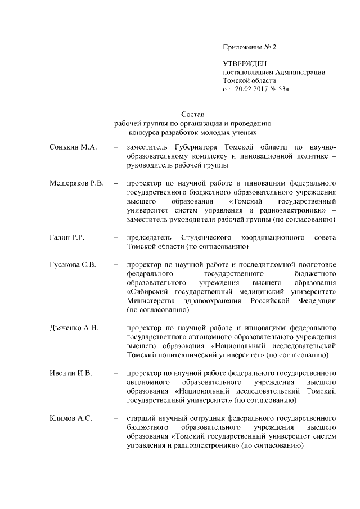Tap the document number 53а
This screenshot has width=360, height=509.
pyautogui.click(x=290, y=88)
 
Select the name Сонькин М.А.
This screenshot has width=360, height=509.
pyautogui.click(x=73, y=147)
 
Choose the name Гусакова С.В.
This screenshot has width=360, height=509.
pyautogui.click(x=74, y=264)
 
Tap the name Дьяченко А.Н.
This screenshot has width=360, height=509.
pyautogui.click(x=74, y=327)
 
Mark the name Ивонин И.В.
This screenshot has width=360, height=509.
pyautogui.click(x=70, y=372)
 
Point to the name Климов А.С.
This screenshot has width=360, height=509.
pyautogui.click(x=70, y=418)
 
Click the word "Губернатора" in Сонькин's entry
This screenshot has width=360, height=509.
pyautogui.click(x=189, y=147)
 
